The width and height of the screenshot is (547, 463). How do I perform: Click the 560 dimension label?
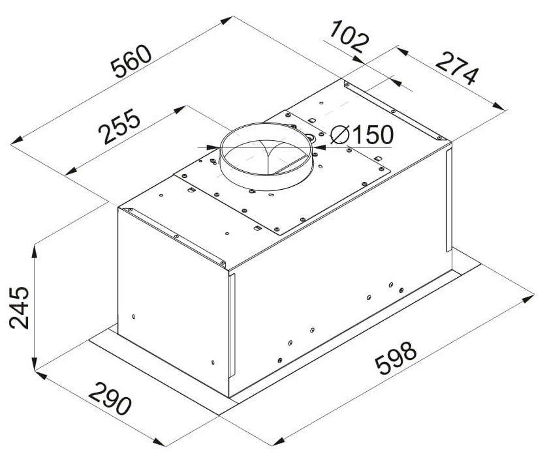[131, 61]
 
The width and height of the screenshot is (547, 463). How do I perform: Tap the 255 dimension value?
[119, 127]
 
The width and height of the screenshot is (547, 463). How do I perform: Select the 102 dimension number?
[349, 37]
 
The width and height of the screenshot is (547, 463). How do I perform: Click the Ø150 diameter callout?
[362, 135]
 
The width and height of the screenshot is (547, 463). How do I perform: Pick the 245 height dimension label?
[19, 308]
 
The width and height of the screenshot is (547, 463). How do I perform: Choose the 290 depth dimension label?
[110, 398]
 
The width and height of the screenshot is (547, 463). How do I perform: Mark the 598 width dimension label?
[396, 358]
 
